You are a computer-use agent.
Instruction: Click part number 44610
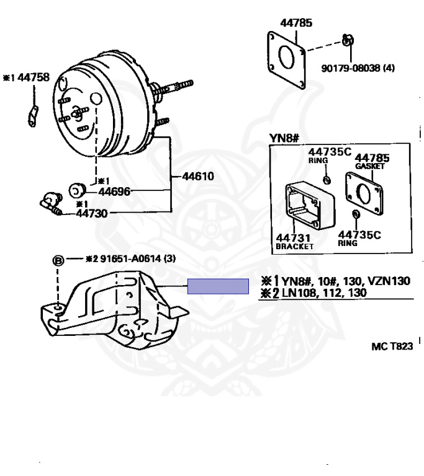click(197, 177)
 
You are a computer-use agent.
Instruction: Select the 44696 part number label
click(114, 192)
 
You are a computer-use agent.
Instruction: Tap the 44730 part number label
click(92, 213)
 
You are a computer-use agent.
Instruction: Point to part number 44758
click(34, 77)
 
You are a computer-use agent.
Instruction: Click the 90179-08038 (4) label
click(358, 68)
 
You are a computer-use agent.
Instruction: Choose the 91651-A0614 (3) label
click(138, 258)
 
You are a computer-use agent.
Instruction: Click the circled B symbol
click(58, 261)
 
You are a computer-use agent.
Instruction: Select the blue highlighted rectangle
click(218, 286)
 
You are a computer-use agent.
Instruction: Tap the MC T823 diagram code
click(392, 346)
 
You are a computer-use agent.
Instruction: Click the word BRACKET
click(294, 246)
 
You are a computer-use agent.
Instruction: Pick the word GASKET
click(370, 166)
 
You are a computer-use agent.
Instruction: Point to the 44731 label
click(293, 238)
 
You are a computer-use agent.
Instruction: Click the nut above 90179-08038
click(348, 40)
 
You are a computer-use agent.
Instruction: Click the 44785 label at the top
click(296, 23)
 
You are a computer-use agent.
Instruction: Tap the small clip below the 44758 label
click(33, 116)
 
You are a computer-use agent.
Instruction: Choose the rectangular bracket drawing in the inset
click(310, 205)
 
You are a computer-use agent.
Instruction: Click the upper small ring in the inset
click(327, 180)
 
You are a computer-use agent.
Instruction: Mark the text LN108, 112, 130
click(325, 293)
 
